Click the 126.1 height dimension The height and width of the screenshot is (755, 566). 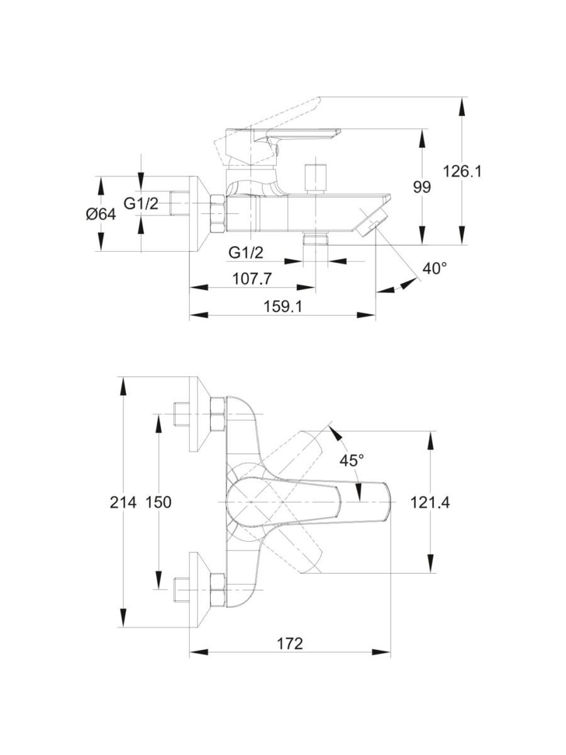pyautogui.click(x=462, y=171)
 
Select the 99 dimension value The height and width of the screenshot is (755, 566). pyautogui.click(x=422, y=187)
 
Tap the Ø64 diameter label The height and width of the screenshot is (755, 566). pyautogui.click(x=101, y=214)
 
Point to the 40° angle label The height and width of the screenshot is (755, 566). pyautogui.click(x=435, y=269)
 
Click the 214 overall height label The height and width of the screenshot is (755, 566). pyautogui.click(x=123, y=502)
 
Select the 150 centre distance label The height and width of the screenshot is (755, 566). pyautogui.click(x=158, y=502)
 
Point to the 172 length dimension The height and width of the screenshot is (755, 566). pyautogui.click(x=290, y=644)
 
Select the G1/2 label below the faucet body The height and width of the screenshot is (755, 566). pyautogui.click(x=245, y=253)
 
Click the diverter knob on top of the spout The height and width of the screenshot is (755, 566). pyautogui.click(x=315, y=178)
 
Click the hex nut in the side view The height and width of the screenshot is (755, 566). pyautogui.click(x=216, y=214)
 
